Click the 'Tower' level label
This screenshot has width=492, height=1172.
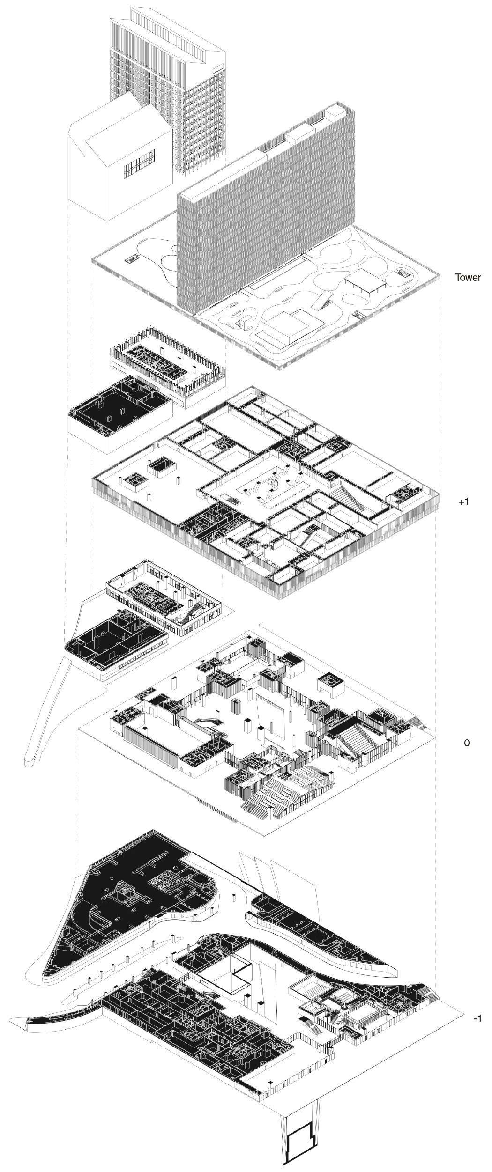point(468,277)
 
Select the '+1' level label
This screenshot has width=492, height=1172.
point(463,501)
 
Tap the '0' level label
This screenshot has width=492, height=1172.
point(466,743)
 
